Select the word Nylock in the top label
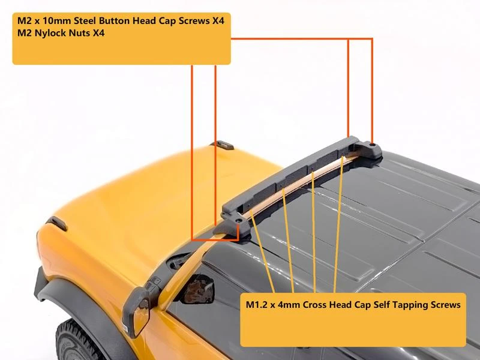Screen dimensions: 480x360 [x=49, y=33]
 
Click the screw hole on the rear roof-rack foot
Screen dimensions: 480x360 [x=373, y=143]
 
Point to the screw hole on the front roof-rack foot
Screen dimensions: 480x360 [x=238, y=220]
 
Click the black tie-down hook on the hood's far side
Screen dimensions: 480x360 [x=222, y=145]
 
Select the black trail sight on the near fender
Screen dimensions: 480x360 [x=57, y=223]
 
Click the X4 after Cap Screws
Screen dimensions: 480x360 [x=218, y=20]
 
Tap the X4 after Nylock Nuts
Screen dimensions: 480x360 [x=98, y=33]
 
